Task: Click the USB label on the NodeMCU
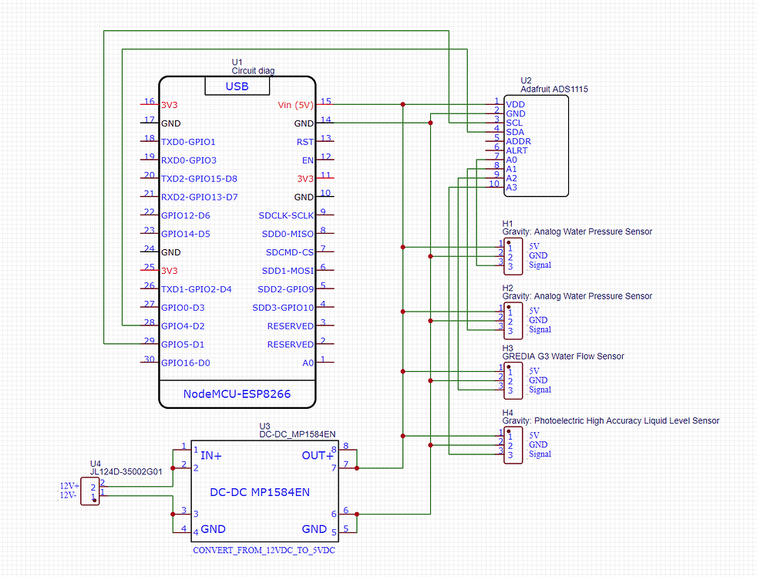tap(237, 86)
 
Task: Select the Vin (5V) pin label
tap(295, 105)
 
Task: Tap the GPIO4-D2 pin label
tap(183, 326)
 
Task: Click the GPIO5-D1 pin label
tap(183, 345)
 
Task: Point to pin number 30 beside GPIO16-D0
tap(149, 359)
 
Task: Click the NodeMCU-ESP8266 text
tap(237, 394)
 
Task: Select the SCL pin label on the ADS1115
tap(513, 123)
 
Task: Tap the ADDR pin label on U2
tap(518, 141)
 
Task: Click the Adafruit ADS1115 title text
tap(553, 89)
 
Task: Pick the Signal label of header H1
tap(540, 265)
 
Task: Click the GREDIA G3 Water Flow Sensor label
tap(563, 356)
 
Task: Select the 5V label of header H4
tap(534, 435)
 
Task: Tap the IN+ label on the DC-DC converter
tap(211, 456)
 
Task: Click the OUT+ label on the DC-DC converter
tap(316, 456)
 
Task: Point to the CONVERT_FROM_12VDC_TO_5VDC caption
tap(263, 552)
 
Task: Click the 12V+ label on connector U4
tap(70, 486)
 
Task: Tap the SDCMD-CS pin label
tap(290, 252)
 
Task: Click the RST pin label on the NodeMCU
tap(304, 142)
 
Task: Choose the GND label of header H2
tap(538, 320)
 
